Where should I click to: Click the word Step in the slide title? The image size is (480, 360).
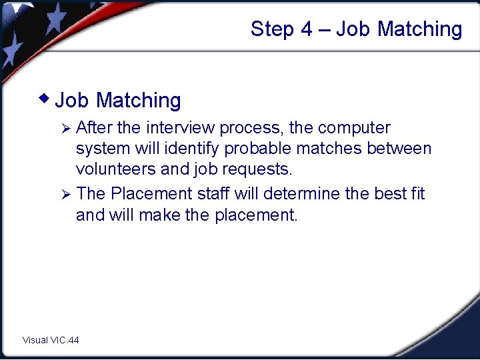(x=271, y=29)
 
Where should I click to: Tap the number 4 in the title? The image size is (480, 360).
(x=306, y=29)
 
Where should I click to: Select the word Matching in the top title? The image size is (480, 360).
(x=419, y=29)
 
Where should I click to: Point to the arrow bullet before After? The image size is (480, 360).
(x=65, y=127)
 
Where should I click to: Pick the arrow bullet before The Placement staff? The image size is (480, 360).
(x=65, y=194)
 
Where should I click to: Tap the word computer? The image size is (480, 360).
(x=354, y=127)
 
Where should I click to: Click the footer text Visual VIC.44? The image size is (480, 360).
(x=51, y=340)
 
